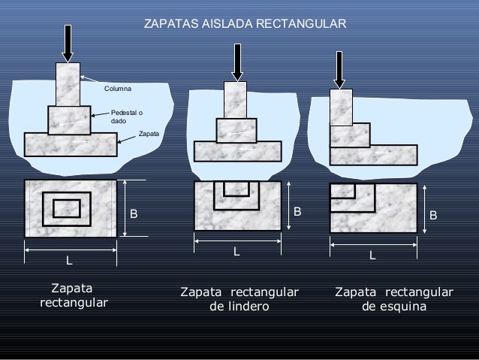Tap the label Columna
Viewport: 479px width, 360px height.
[x=117, y=89]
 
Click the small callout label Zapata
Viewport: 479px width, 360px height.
[x=149, y=133]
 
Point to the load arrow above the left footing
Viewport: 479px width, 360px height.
[x=68, y=43]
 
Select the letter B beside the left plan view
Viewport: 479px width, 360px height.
[x=134, y=213]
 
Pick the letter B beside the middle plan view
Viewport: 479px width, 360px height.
[x=297, y=212]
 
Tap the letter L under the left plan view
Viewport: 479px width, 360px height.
[x=69, y=262]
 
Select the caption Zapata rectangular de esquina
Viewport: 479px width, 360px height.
[x=393, y=299]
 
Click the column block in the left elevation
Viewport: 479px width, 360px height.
[x=68, y=83]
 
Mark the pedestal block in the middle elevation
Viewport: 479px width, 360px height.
[x=236, y=131]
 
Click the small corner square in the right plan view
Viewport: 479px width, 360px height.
[x=342, y=190]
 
